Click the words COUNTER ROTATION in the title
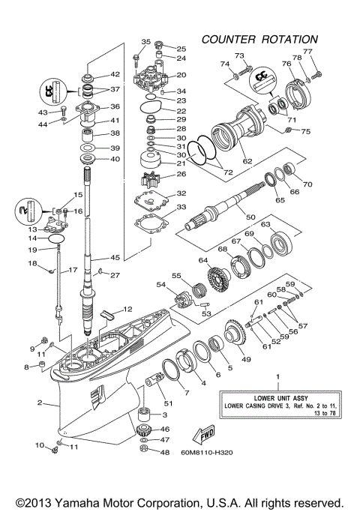click(259, 39)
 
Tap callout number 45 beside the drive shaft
click(114, 257)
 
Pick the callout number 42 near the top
click(115, 74)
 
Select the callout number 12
click(127, 308)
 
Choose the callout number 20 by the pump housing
click(181, 75)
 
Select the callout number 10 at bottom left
click(39, 446)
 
